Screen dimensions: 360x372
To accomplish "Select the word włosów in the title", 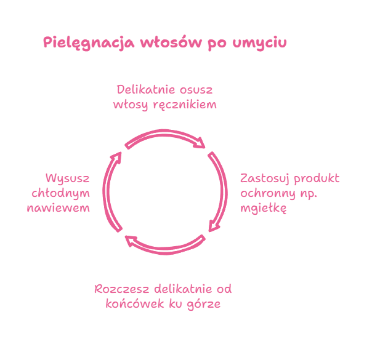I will pos(164,44).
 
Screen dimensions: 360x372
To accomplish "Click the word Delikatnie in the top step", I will pos(143,90).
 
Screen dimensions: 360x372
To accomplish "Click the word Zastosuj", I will pos(265,179).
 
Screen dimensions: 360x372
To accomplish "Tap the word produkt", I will pos(317,179).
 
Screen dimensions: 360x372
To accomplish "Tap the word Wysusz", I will pos(68,179).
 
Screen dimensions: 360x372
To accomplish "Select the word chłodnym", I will pos(60,193).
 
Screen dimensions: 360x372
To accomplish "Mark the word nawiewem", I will pos(59,208).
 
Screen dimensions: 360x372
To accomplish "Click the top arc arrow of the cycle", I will pos(165,135).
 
